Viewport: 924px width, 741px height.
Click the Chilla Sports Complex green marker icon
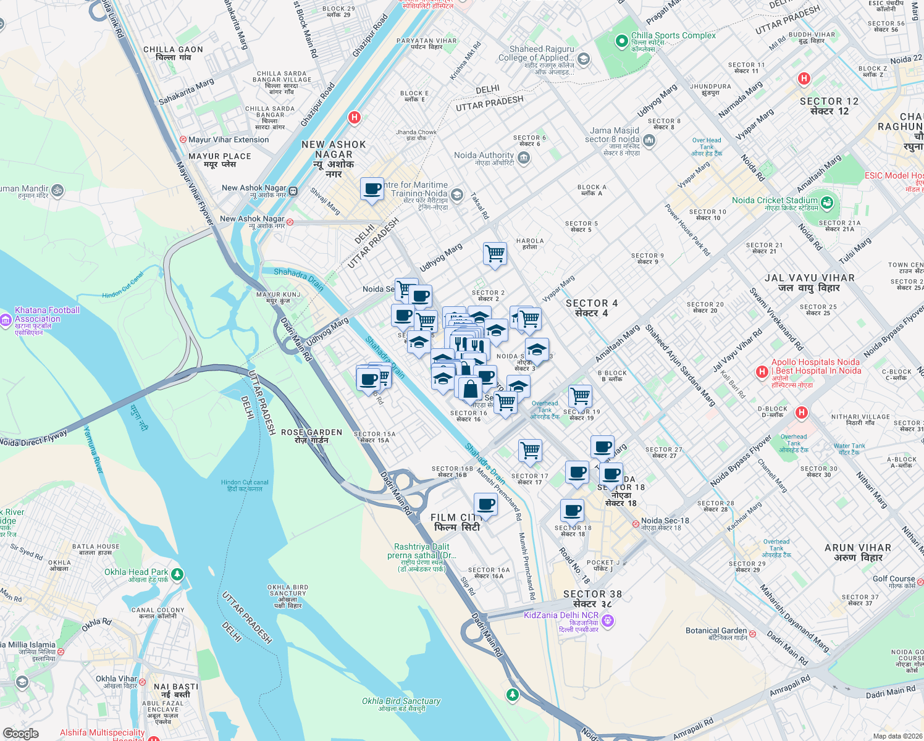(x=621, y=41)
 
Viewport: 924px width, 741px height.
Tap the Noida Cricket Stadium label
(x=775, y=201)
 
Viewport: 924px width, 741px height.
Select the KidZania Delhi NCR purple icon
(x=608, y=621)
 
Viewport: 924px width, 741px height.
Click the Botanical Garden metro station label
(x=716, y=631)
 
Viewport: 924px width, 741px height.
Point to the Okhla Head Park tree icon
(x=177, y=574)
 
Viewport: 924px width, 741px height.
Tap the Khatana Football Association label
(x=47, y=315)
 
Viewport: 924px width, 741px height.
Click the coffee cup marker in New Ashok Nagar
(x=372, y=189)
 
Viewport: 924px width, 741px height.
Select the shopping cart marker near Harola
(x=495, y=253)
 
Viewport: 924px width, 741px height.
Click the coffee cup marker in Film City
(x=485, y=504)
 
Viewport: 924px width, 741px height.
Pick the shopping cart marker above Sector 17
(x=530, y=451)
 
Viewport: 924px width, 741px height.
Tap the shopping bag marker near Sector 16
(x=469, y=389)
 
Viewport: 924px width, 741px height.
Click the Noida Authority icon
(x=524, y=158)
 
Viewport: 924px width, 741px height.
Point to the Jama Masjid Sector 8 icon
(x=649, y=141)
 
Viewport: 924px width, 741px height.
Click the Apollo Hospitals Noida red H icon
(x=762, y=372)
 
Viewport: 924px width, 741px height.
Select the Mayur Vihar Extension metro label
(x=229, y=140)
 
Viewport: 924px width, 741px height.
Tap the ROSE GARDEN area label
(x=311, y=433)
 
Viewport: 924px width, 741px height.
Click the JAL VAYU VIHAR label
(x=809, y=278)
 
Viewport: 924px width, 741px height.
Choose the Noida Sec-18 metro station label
(x=665, y=521)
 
